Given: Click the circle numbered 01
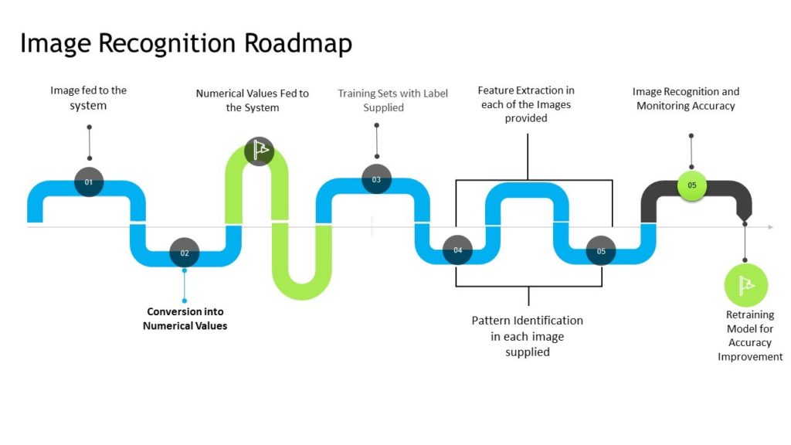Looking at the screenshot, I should pyautogui.click(x=89, y=182).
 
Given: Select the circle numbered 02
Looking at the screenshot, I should pyautogui.click(x=185, y=253).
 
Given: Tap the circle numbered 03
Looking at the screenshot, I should pyautogui.click(x=376, y=179).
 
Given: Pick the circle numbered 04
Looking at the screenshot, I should pyautogui.click(x=457, y=250).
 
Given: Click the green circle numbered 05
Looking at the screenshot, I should pyautogui.click(x=691, y=185).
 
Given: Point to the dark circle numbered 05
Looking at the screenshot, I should pyautogui.click(x=601, y=251).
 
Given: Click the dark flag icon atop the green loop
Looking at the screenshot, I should pyautogui.click(x=259, y=151).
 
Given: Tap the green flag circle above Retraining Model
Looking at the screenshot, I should pyautogui.click(x=745, y=285).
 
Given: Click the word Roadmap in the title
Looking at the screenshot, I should pyautogui.click(x=298, y=43).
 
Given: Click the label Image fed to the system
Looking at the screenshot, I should pyautogui.click(x=88, y=98).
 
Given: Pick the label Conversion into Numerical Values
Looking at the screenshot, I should pyautogui.click(x=185, y=319).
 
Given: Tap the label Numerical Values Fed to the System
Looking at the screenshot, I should pyautogui.click(x=252, y=100).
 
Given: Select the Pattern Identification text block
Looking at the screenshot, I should pyautogui.click(x=527, y=336).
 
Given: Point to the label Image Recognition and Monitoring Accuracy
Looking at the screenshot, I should pyautogui.click(x=685, y=99).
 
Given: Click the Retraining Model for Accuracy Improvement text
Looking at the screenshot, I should pyautogui.click(x=750, y=336).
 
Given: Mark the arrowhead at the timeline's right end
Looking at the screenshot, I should pyautogui.click(x=769, y=227).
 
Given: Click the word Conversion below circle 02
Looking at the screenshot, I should pyautogui.click(x=185, y=312).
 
